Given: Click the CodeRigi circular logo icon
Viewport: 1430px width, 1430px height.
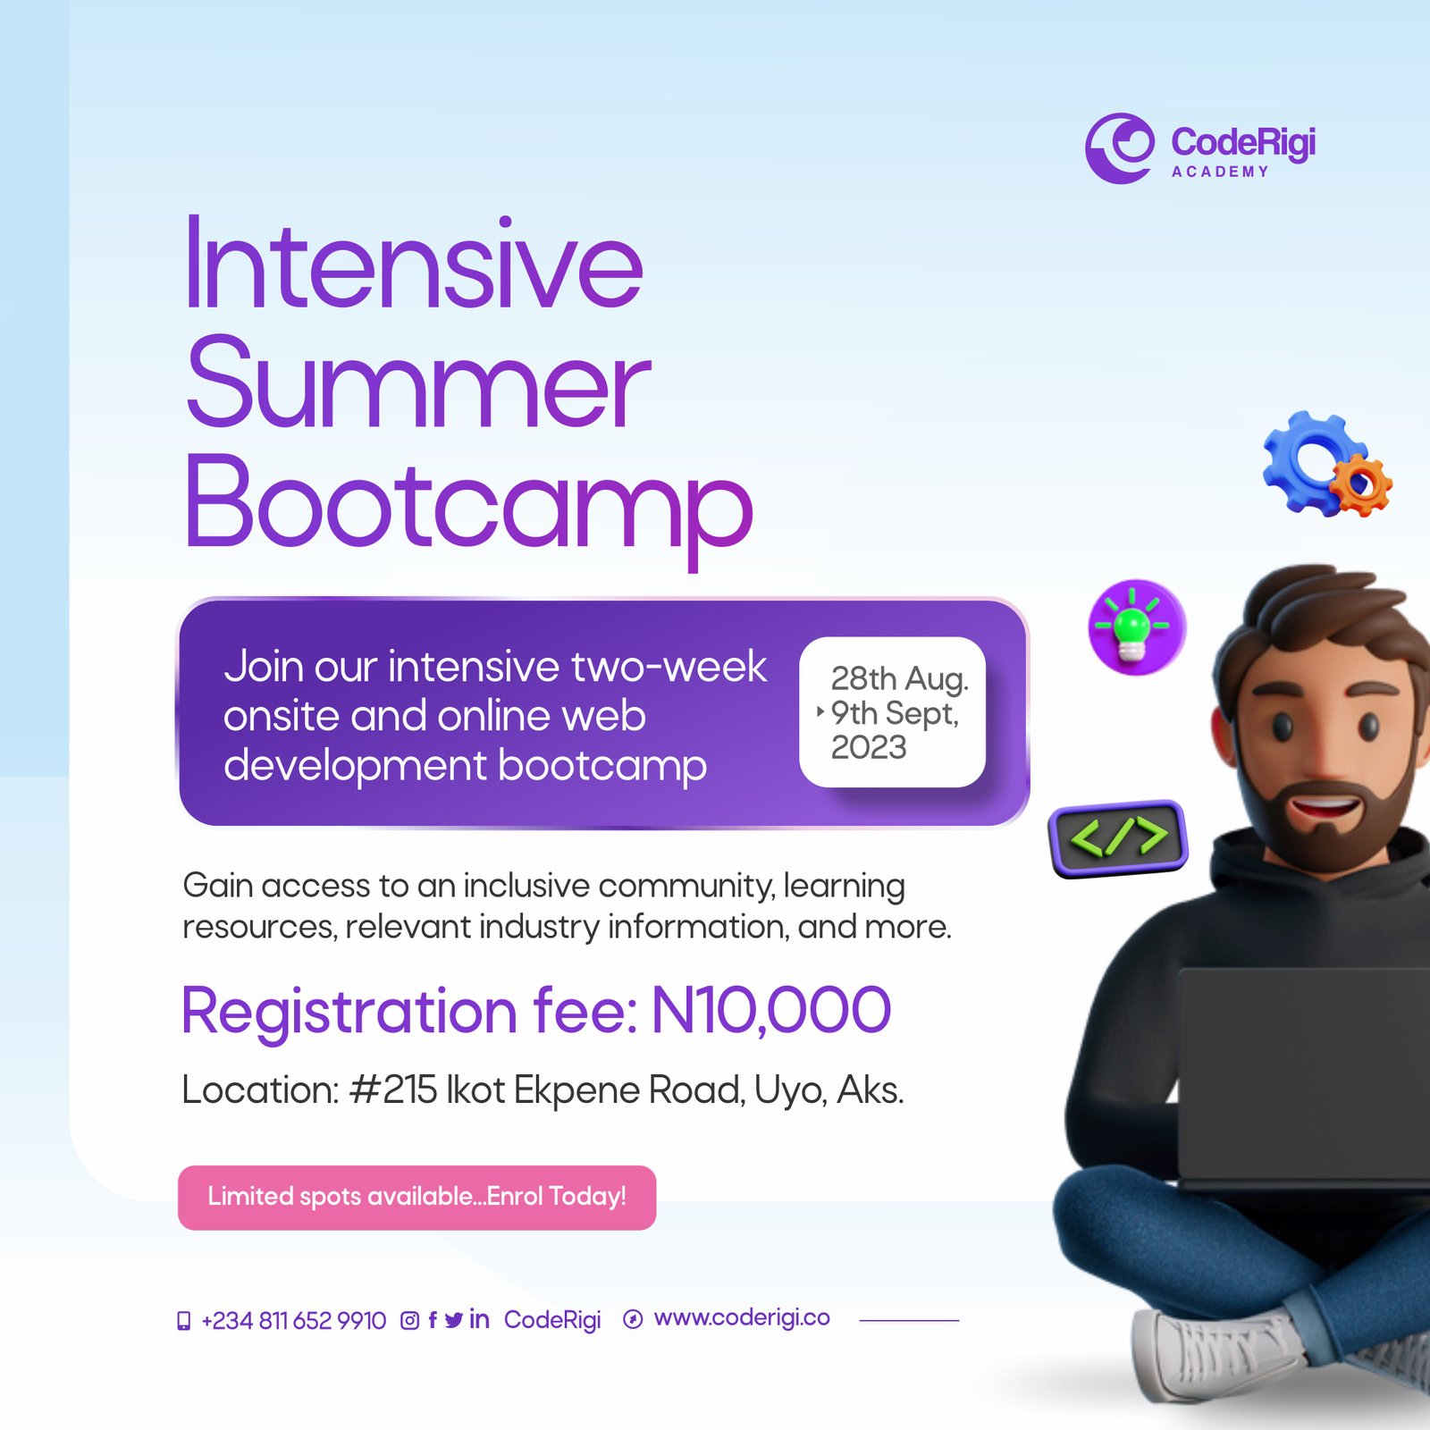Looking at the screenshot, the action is click(x=1119, y=147).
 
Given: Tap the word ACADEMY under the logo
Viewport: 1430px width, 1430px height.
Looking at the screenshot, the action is click(x=1220, y=172).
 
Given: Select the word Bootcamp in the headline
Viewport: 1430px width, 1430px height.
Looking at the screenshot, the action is click(x=469, y=505).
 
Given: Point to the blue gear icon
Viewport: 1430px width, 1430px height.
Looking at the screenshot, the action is click(x=1310, y=460).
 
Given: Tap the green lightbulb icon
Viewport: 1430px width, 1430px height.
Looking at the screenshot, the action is click(x=1136, y=627).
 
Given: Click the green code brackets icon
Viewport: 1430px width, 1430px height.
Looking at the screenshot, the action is click(x=1118, y=837).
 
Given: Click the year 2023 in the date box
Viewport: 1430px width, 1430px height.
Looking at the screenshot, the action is click(x=869, y=747).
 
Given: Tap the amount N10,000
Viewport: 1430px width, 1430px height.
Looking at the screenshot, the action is click(x=771, y=1011).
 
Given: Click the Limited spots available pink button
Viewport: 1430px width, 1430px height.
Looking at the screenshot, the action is click(x=417, y=1198).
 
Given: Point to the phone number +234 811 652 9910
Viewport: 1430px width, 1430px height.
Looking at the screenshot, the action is click(x=293, y=1320).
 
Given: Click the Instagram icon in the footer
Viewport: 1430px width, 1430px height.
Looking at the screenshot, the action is click(x=409, y=1320).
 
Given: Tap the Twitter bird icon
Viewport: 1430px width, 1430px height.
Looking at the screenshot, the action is click(x=454, y=1320).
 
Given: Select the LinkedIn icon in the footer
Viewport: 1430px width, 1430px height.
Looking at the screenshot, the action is click(x=479, y=1319).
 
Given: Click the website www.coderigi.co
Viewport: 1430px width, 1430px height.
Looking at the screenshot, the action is click(x=742, y=1318).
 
